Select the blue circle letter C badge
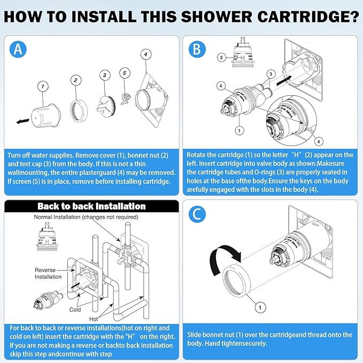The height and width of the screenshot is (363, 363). [197, 214]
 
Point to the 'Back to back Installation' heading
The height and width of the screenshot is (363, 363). [91, 206]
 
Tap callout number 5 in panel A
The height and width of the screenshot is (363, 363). [124, 72]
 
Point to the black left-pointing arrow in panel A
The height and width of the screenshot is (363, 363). [22, 121]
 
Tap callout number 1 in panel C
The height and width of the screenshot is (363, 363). [260, 307]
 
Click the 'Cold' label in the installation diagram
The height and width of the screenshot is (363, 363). [75, 310]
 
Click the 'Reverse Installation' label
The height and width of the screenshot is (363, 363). [49, 273]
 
